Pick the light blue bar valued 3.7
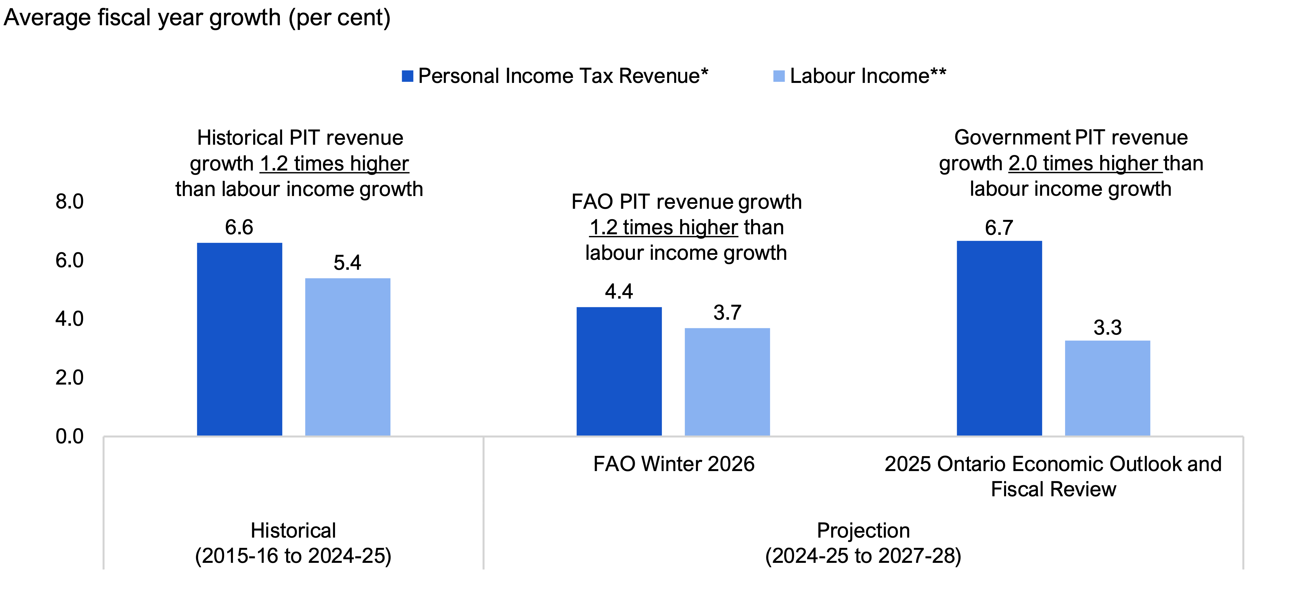pyautogui.click(x=727, y=382)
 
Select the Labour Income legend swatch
pyautogui.click(x=779, y=76)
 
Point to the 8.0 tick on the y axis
pyautogui.click(x=70, y=202)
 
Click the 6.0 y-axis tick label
pyautogui.click(x=70, y=260)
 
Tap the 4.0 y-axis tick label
pyautogui.click(x=70, y=319)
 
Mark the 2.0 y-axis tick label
pyautogui.click(x=70, y=378)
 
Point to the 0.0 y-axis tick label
pyautogui.click(x=70, y=436)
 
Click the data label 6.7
pyautogui.click(x=999, y=228)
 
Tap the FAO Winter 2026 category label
pyautogui.click(x=674, y=464)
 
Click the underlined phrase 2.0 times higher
pyautogui.click(x=1085, y=163)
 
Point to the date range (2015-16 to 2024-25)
pyautogui.click(x=293, y=555)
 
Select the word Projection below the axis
pyautogui.click(x=863, y=530)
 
